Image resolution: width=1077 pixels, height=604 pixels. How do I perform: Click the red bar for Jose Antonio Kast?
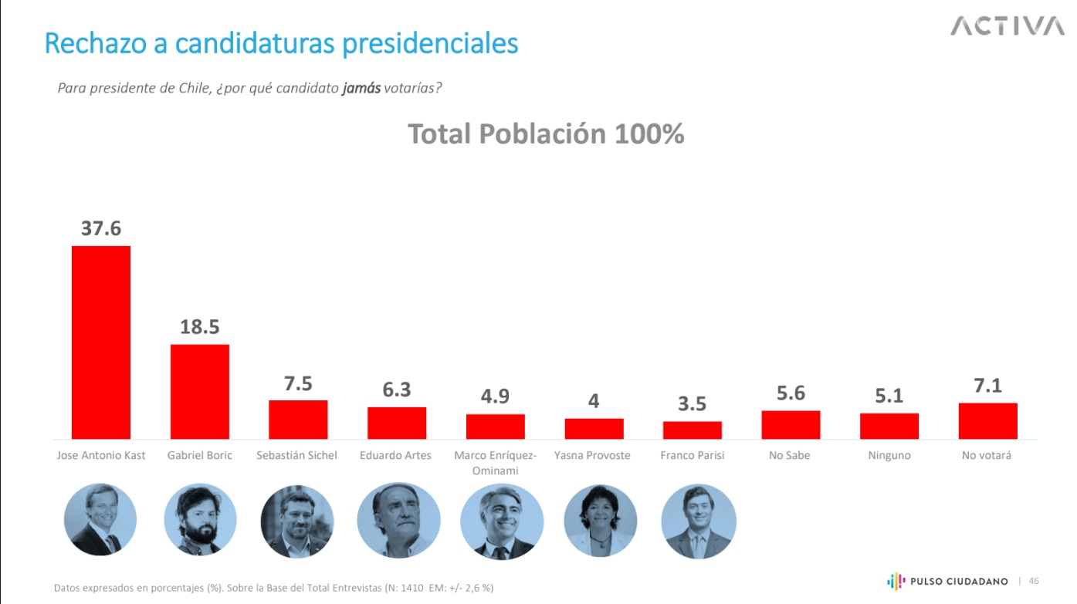click(101, 342)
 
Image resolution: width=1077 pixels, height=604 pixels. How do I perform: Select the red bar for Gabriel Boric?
click(200, 392)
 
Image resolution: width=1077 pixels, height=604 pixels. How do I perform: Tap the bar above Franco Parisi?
click(693, 430)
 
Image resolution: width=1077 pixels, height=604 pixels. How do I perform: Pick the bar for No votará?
click(987, 421)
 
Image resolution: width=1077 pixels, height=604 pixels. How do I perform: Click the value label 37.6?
click(101, 229)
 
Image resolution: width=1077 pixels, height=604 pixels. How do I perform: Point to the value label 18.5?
click(200, 327)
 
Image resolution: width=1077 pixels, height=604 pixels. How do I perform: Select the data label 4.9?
click(495, 396)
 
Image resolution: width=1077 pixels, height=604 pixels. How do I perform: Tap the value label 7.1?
click(987, 386)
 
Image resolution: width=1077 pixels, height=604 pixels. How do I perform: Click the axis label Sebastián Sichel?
click(296, 455)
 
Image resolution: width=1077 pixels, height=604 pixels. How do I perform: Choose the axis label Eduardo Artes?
click(395, 455)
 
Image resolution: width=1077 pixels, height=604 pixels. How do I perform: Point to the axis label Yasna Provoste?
click(592, 455)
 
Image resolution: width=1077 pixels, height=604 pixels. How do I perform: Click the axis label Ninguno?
click(889, 456)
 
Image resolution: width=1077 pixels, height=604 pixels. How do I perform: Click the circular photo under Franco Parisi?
click(699, 521)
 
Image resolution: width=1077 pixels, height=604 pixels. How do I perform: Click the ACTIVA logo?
click(1007, 26)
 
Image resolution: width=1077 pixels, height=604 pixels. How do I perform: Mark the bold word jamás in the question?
click(361, 88)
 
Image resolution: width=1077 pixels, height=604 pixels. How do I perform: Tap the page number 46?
click(1034, 581)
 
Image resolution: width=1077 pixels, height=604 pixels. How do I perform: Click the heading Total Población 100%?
click(546, 134)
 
